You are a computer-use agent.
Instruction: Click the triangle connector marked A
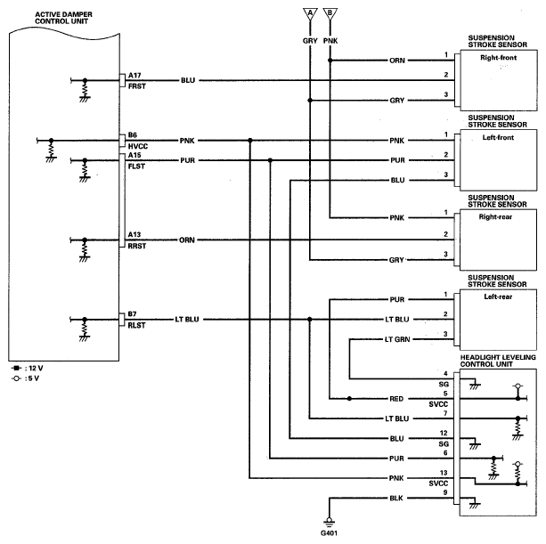coord(310,14)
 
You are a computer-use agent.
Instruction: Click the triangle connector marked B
coord(330,14)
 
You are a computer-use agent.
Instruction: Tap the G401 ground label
coord(329,533)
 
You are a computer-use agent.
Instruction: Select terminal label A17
coord(134,75)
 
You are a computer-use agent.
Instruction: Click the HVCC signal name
coord(138,147)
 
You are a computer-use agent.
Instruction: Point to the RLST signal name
coord(136,326)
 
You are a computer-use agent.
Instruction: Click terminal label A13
coord(134,234)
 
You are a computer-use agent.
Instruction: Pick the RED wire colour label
coord(396,399)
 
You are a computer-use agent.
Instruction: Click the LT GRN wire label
coord(397,339)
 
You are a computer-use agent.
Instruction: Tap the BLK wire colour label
coord(396,499)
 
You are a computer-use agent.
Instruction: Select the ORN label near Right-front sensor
coord(397,61)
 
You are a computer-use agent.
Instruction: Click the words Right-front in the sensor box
coord(498,58)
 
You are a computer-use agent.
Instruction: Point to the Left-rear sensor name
coord(498,296)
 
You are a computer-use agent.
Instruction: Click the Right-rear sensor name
coord(495,217)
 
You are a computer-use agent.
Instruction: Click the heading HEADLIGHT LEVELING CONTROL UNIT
coord(498,361)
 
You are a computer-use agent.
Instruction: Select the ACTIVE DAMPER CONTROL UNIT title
coord(63,18)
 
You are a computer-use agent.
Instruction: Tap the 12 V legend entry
coord(27,369)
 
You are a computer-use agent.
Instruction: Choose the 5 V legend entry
coord(26,378)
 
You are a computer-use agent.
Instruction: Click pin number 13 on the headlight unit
coord(444,473)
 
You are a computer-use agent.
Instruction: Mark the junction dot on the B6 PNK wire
coord(250,141)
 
